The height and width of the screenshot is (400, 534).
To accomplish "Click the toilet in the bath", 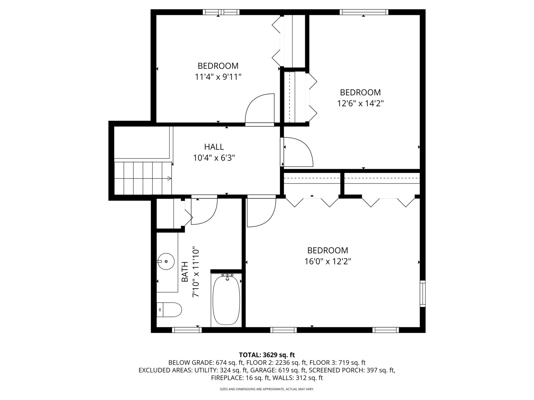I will point(169,310).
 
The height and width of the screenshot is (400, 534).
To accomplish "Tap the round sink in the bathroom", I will point(166,261).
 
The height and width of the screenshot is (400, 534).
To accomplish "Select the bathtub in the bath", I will point(226,300).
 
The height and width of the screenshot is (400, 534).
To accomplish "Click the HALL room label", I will point(214,147).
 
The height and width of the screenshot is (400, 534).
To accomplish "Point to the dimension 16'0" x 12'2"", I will point(327,261).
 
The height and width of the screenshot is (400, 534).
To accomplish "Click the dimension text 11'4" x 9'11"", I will point(218,77).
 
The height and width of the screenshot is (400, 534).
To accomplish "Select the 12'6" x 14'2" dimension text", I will point(360,103).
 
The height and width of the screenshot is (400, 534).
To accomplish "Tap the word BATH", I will point(185,272).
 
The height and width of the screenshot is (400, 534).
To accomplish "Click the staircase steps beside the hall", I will point(143,178).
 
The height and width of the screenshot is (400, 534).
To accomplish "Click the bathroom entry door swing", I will point(204,211).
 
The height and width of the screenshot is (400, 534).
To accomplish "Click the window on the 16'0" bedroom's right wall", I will point(422,294).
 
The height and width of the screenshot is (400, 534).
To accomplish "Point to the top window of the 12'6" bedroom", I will point(364,12).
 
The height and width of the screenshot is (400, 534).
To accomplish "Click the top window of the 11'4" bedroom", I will point(221,12).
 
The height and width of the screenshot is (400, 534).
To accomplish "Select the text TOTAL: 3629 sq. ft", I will point(267,355).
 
